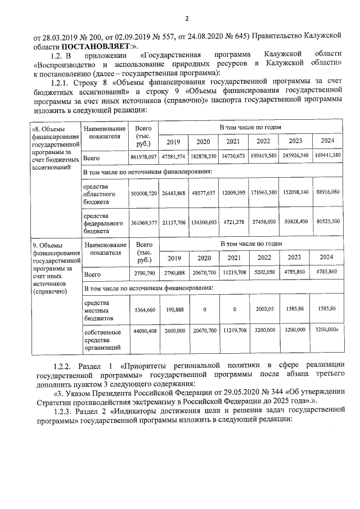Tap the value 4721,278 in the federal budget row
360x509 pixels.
point(232,222)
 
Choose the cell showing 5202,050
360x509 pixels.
point(264,272)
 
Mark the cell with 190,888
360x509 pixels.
point(173,309)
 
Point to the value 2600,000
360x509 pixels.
point(173,331)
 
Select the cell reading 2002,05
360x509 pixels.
point(264,309)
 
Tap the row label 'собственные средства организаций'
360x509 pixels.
point(102,340)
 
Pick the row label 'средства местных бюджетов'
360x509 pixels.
point(99,310)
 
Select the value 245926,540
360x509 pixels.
point(296,155)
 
